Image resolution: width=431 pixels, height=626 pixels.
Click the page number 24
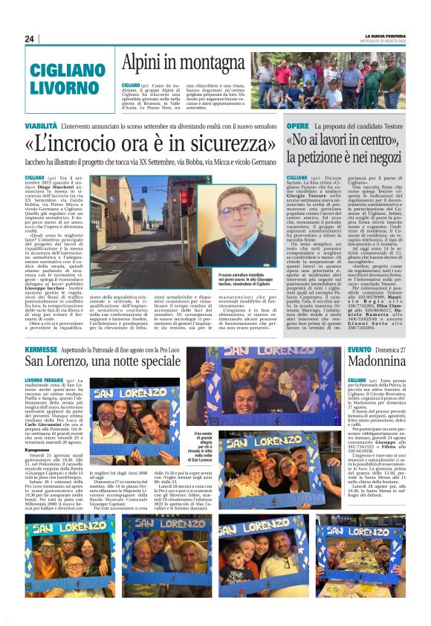coord(29,39)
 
